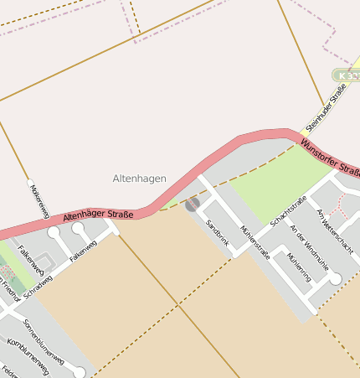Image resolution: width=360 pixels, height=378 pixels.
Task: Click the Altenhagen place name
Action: pos(139,179)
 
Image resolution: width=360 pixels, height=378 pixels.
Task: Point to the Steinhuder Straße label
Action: pos(326,107)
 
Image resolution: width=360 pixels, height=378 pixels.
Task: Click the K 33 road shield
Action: pos(347,75)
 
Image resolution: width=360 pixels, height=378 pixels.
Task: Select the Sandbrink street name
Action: pos(217,235)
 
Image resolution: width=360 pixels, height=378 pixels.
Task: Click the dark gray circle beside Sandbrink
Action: pos(193,204)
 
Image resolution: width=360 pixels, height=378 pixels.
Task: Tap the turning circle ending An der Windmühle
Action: pos(336,279)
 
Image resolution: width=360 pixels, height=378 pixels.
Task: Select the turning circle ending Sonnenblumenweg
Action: pos(80,372)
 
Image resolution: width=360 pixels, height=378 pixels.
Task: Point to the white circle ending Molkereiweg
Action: pos(31,182)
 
